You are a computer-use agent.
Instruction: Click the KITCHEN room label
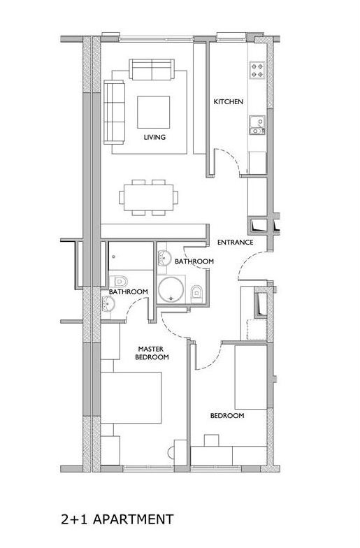tap(228, 102)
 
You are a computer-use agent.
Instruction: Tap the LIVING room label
tap(154, 137)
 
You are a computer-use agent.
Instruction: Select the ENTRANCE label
tap(235, 242)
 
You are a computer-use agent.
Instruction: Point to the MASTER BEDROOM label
tap(152, 353)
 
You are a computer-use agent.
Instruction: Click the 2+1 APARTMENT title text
tap(117, 519)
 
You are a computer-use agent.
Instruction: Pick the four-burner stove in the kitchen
tap(257, 70)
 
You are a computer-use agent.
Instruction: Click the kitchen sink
tap(257, 125)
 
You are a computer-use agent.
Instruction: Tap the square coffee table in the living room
tap(154, 112)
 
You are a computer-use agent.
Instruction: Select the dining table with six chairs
tap(148, 197)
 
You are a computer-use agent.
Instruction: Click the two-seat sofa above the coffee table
tap(152, 69)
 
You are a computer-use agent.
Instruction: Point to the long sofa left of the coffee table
tap(115, 112)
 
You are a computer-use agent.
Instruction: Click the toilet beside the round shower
tap(196, 291)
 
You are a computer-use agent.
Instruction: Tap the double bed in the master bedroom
tap(131, 398)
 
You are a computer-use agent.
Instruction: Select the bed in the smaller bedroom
tap(251, 377)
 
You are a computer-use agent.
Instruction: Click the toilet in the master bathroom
tap(118, 281)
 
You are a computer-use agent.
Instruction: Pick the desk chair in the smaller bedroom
tap(211, 440)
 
